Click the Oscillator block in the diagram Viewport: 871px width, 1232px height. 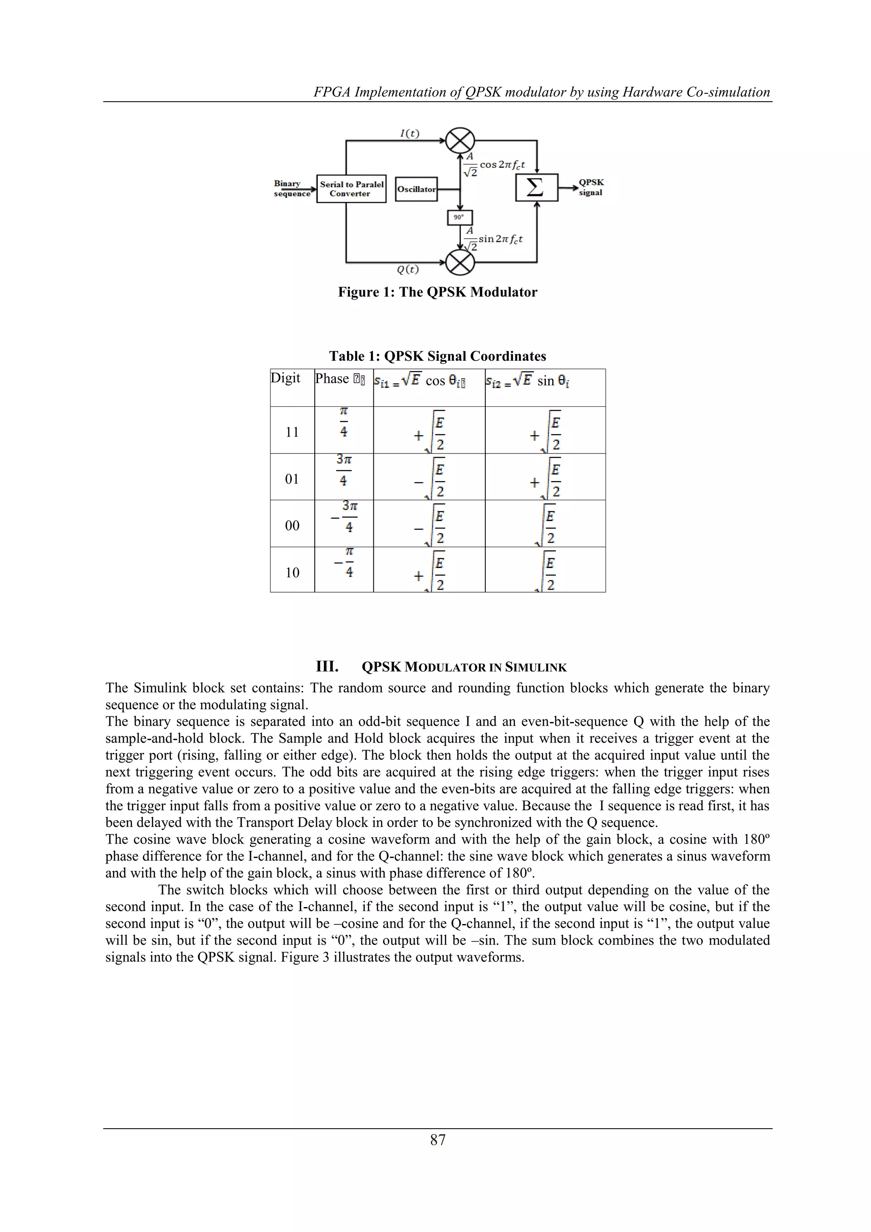[416, 189]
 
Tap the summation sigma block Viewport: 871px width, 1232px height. [536, 188]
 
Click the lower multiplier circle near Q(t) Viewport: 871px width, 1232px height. [460, 262]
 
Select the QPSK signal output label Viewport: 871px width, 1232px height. [591, 187]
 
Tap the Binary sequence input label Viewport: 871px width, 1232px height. [291, 188]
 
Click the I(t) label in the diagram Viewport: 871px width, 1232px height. [410, 133]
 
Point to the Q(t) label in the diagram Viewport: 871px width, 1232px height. [408, 269]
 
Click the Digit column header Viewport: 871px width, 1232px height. [285, 378]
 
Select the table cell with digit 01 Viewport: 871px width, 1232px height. [292, 479]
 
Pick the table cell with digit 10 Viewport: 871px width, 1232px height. [292, 573]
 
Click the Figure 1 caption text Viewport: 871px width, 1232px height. [437, 292]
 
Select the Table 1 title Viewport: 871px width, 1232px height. [437, 356]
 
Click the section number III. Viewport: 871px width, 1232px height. [327, 667]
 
